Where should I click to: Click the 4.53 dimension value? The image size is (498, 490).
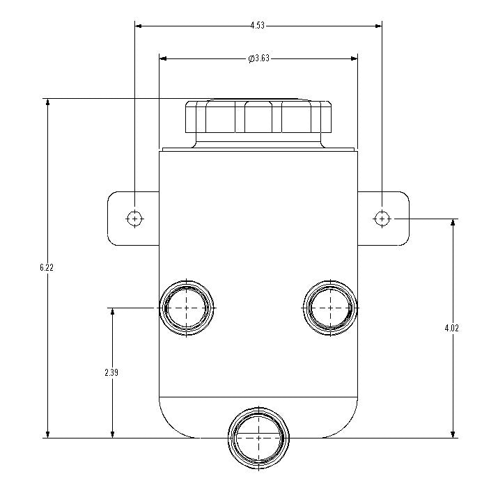tap(258, 26)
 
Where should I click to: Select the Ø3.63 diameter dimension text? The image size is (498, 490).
tap(258, 58)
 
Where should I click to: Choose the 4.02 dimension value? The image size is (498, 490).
tap(453, 328)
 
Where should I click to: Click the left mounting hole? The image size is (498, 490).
tap(135, 218)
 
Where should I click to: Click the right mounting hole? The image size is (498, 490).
tap(382, 218)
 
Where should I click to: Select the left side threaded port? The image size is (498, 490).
tap(187, 307)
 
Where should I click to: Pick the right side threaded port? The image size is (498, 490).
tap(331, 307)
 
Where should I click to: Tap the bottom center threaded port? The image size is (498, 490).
tap(258, 438)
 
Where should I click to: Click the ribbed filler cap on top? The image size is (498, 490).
tap(258, 118)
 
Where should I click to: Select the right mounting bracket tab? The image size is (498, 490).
tap(393, 218)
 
